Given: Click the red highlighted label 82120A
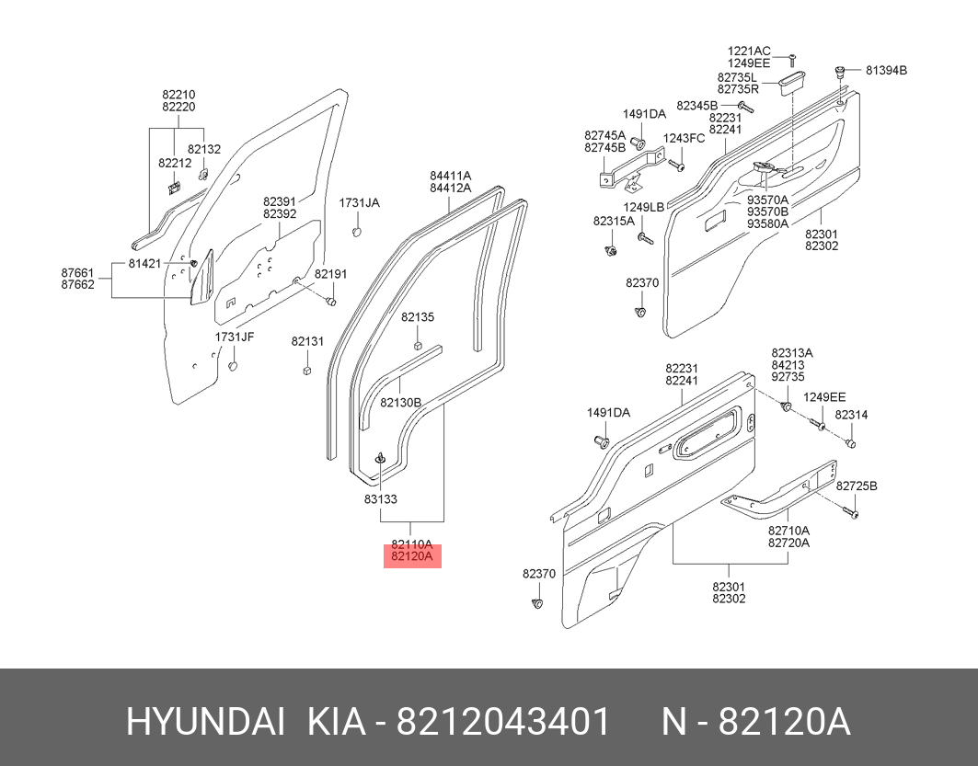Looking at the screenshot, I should click(x=412, y=557).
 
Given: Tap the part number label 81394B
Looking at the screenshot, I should click(x=884, y=71).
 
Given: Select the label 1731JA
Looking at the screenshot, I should click(x=359, y=202).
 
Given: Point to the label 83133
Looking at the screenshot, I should click(x=380, y=499).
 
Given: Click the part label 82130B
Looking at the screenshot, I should click(x=401, y=403).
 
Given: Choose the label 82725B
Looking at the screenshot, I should click(x=855, y=486).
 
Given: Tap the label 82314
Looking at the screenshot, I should click(x=851, y=416).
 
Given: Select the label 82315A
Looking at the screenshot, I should click(x=614, y=222).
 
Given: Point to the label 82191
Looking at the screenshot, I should click(x=330, y=274).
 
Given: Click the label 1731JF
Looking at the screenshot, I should click(x=235, y=337).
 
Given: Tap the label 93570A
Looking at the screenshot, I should click(x=767, y=200).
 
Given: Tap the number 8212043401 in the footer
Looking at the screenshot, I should click(x=502, y=723).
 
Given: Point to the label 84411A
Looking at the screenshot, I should click(x=450, y=176).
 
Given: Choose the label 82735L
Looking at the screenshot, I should click(x=738, y=77).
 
